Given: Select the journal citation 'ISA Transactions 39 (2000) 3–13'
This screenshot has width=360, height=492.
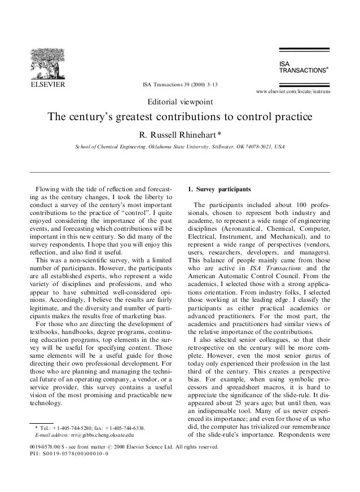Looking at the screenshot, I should coord(179,85).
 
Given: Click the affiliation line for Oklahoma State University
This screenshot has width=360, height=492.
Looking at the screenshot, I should coord(179,147).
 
